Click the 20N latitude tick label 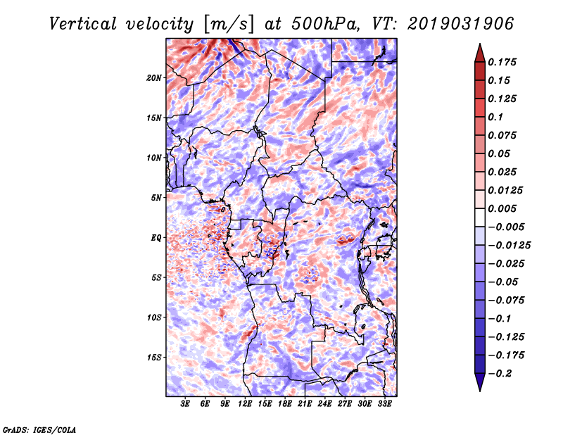(x=153, y=78)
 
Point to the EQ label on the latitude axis (x=156, y=238)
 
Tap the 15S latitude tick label (x=153, y=358)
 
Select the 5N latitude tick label (x=156, y=198)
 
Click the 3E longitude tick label (x=185, y=404)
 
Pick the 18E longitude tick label (x=285, y=404)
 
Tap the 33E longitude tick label (x=384, y=404)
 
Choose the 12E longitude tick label (x=245, y=404)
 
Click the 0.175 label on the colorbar (x=502, y=62)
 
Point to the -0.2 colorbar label (x=500, y=374)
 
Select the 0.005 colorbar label (x=502, y=208)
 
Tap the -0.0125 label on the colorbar (x=509, y=246)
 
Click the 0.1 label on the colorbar (x=495, y=117)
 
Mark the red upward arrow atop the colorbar (x=480, y=53)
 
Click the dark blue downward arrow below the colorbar (x=480, y=382)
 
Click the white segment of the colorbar (x=480, y=217)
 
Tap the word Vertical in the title (x=83, y=24)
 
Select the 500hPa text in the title (x=325, y=24)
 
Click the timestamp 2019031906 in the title (x=461, y=24)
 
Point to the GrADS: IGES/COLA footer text (x=39, y=430)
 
